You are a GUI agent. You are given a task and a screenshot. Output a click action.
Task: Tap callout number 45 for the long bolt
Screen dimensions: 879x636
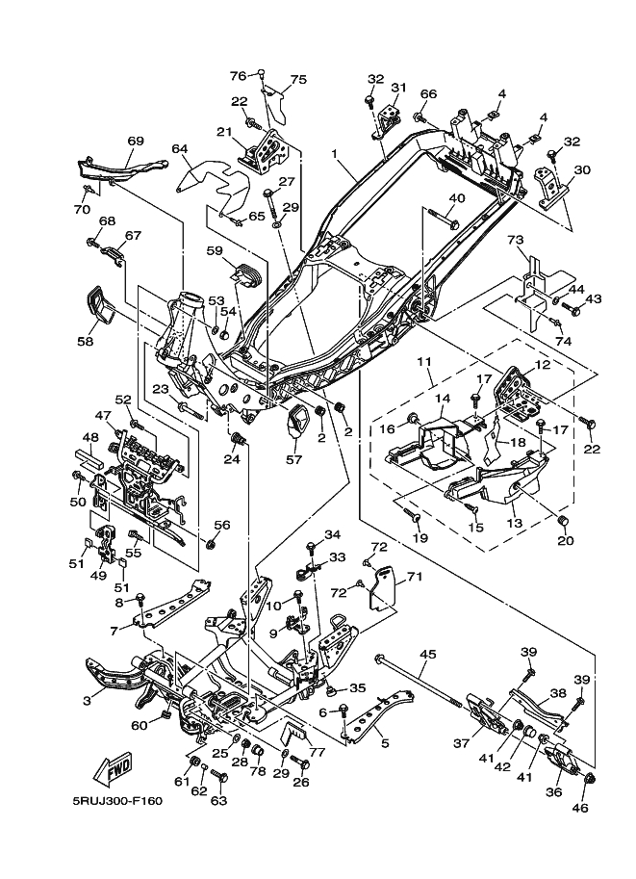pos(428,655)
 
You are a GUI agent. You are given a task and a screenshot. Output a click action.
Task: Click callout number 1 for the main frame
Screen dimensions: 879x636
pos(334,154)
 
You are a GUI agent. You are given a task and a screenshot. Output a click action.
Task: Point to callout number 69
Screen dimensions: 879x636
pos(136,141)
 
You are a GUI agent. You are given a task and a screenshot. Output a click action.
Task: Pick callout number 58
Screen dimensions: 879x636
pos(86,341)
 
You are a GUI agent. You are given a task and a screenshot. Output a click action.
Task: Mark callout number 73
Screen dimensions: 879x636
pos(515,239)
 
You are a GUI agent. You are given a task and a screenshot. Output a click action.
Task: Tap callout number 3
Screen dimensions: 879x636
pos(88,702)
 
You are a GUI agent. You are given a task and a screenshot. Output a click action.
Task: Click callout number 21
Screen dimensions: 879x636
pos(224,132)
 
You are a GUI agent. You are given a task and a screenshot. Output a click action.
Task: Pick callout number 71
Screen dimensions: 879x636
pos(414,577)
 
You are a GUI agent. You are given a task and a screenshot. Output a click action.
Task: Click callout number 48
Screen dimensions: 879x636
pos(90,437)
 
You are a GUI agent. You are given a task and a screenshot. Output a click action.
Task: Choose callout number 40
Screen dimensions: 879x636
pos(456,198)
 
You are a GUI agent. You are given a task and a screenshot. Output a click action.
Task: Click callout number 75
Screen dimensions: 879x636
pos(297,80)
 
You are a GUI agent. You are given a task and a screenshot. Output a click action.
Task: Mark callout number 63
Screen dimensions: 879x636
pos(218,799)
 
